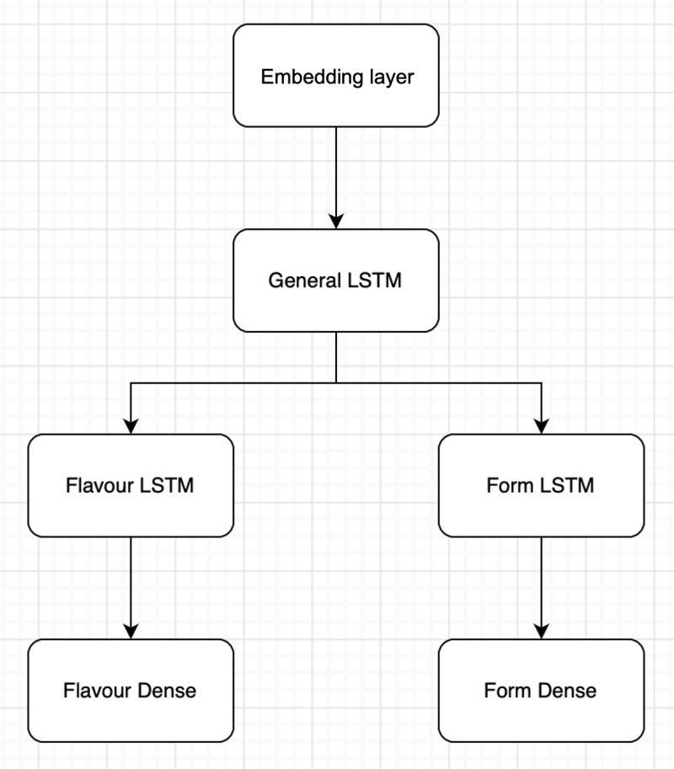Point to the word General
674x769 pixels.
pos(306,280)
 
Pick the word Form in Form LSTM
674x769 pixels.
pos(509,486)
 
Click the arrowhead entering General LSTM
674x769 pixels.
pos(336,222)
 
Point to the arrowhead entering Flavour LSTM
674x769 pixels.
pos(131,426)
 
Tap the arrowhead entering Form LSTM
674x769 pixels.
pos(541,426)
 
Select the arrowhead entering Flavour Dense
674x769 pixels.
pos(131,631)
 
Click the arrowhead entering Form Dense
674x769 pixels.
pos(541,631)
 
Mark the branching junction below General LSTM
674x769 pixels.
pos(336,382)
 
